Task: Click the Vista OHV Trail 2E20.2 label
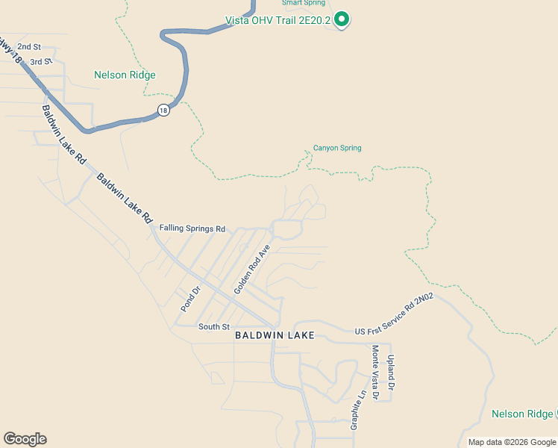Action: tap(278, 19)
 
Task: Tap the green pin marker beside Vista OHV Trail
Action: tap(342, 19)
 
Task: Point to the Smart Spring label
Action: tap(303, 3)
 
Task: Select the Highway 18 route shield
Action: tap(163, 110)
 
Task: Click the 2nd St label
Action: tap(29, 46)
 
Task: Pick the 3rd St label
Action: tap(41, 60)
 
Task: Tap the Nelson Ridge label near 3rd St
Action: tap(125, 75)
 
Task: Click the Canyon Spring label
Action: tap(337, 148)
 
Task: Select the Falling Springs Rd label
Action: tap(192, 228)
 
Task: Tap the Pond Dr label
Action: tap(191, 298)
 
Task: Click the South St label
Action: tap(214, 326)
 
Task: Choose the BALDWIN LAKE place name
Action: tap(275, 335)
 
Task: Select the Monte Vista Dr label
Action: tap(376, 372)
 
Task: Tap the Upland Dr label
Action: tap(390, 372)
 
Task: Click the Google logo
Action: tap(25, 439)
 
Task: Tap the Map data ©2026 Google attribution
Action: tap(511, 442)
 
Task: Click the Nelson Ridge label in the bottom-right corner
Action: tap(522, 414)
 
